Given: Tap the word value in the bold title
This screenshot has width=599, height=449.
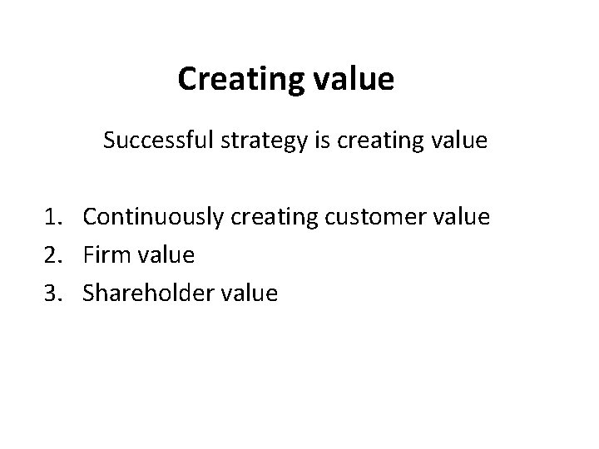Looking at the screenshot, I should tap(353, 80).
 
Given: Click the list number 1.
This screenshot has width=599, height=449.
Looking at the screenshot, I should tap(52, 217).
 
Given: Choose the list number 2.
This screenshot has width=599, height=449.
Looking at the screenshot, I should tap(52, 255).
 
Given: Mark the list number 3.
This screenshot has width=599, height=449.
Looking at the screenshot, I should tap(52, 293).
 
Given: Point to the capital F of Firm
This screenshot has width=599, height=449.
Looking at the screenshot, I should tap(88, 255).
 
